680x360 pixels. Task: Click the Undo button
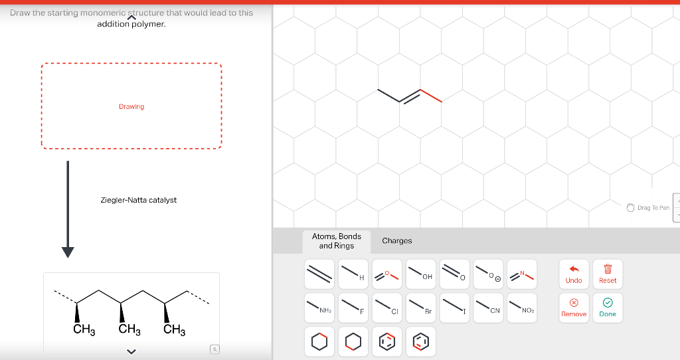(574, 272)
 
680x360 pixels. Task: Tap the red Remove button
(574, 307)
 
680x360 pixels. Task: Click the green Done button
(608, 307)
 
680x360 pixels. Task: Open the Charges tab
(397, 240)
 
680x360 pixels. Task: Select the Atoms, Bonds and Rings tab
(336, 240)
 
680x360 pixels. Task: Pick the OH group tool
(420, 272)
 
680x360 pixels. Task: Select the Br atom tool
(420, 307)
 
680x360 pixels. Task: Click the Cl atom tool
(387, 307)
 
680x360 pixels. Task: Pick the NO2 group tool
(522, 307)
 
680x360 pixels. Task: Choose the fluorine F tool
(353, 307)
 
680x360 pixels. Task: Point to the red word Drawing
(131, 106)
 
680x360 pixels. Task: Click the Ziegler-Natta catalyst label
(138, 200)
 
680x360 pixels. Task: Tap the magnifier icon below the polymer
(214, 349)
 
